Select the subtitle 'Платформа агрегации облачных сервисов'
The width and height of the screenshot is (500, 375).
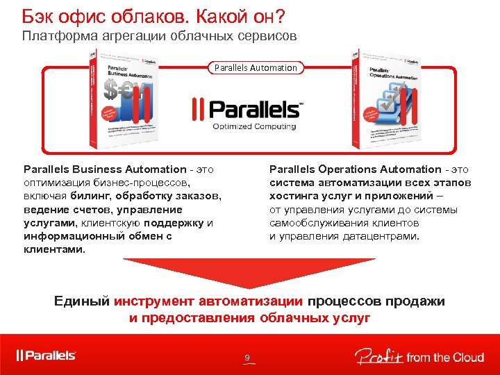160,35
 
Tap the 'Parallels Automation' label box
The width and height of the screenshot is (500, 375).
255,67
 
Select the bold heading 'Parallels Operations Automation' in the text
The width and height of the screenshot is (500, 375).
355,169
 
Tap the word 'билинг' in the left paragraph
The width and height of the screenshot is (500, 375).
88,196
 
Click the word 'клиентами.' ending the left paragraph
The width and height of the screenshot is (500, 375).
55,249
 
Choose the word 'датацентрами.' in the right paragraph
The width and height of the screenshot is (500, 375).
381,235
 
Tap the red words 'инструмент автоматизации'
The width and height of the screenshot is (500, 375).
208,301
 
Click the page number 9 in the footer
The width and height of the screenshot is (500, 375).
247,358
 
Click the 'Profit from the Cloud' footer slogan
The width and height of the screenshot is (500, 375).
419,356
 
